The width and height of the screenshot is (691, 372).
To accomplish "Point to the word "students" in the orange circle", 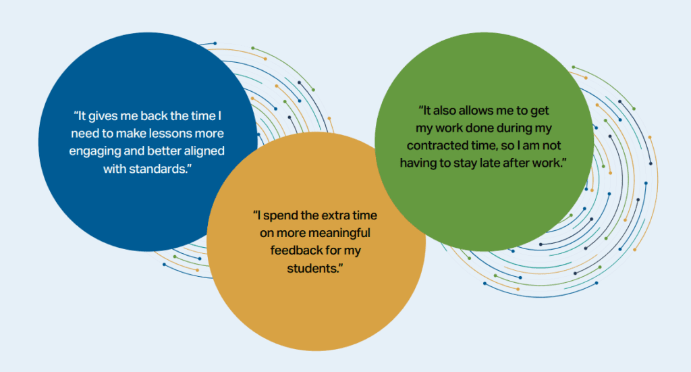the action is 312,269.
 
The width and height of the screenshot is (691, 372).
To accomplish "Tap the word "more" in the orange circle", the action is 291,233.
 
